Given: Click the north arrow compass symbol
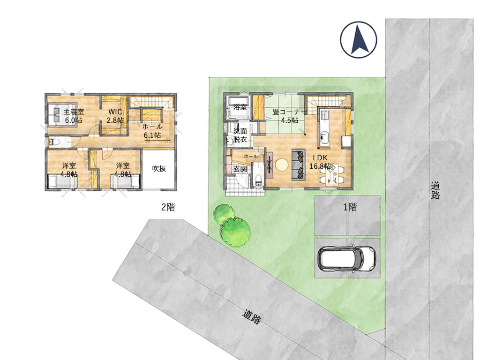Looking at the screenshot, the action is click(359, 40).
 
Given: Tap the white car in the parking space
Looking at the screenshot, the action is click(347, 258).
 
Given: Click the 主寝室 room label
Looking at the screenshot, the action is click(74, 112).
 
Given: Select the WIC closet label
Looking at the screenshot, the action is click(115, 112).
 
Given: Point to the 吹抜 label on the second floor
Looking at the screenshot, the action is click(159, 168).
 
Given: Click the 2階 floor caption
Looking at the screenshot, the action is click(168, 207).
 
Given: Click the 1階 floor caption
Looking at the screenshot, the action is click(350, 207).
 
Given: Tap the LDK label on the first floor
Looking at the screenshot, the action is click(320, 158).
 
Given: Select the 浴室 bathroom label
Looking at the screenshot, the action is click(240, 107).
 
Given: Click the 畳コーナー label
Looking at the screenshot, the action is click(289, 112).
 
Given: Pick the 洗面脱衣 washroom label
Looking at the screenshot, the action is click(240, 135).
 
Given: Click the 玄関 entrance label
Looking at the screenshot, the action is click(240, 169).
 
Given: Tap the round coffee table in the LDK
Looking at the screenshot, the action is click(282, 165).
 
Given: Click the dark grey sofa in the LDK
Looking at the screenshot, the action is click(299, 165).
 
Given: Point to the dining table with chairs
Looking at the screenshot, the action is click(331, 174).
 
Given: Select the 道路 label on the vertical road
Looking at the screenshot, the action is click(435, 190).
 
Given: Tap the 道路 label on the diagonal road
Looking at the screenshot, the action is click(252, 316).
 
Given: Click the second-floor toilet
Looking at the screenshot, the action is click(53, 142).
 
